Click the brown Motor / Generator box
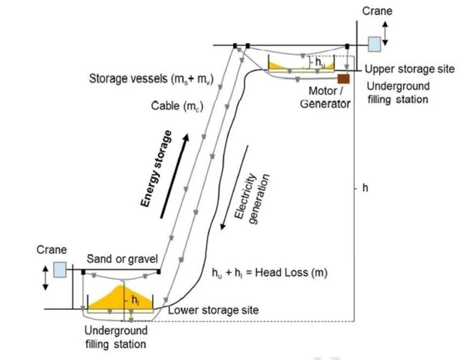pyautogui.click(x=344, y=79)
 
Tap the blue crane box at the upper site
pyautogui.click(x=374, y=44)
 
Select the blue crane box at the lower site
pyautogui.click(x=60, y=269)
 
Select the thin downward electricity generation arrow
pyautogui.click(x=234, y=187)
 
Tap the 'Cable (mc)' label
pyautogui.click(x=177, y=105)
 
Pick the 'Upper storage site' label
pyautogui.click(x=409, y=69)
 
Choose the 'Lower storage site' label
pyautogui.click(x=213, y=310)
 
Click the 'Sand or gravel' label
pyautogui.click(x=123, y=259)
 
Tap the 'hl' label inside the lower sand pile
pyautogui.click(x=135, y=300)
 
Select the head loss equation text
pyautogui.click(x=269, y=273)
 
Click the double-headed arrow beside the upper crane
pyautogui.click(x=385, y=34)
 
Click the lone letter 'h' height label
pyautogui.click(x=365, y=188)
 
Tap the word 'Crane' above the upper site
pyautogui.click(x=377, y=11)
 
